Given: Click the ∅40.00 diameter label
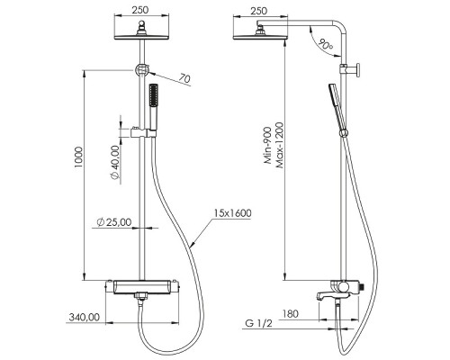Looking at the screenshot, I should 114,162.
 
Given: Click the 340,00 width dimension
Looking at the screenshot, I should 85,316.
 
